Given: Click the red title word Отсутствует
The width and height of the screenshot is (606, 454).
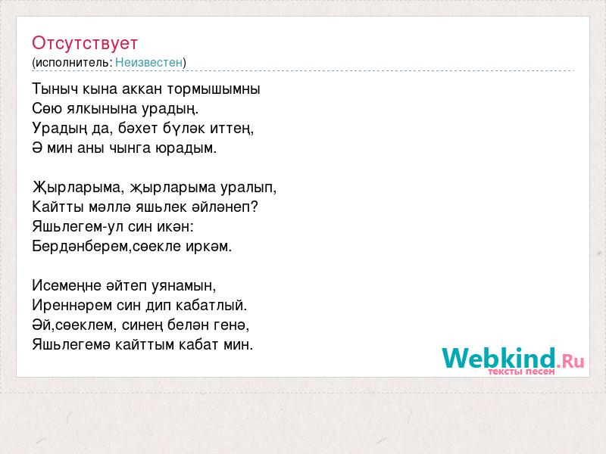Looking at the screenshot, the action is point(85,43).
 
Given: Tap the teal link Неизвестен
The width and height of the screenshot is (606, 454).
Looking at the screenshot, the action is point(148,62).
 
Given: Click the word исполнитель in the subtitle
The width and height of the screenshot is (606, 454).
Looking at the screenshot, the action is point(73,63).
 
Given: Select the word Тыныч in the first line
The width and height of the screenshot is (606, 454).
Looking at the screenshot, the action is point(55,89).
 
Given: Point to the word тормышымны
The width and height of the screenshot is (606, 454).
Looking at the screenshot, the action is point(214,89).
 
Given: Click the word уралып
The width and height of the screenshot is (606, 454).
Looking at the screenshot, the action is point(248,188).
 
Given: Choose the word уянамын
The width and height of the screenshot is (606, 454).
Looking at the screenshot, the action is point(183,286).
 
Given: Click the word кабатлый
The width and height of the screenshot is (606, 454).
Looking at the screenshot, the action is point(211,306).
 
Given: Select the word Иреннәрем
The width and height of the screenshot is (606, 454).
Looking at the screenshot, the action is point(72,306).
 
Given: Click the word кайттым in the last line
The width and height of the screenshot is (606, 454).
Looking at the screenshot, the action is point(145,345).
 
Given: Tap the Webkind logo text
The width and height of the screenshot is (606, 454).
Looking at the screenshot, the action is point(514,358).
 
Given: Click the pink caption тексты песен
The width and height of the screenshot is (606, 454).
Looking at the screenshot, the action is point(521,372).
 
